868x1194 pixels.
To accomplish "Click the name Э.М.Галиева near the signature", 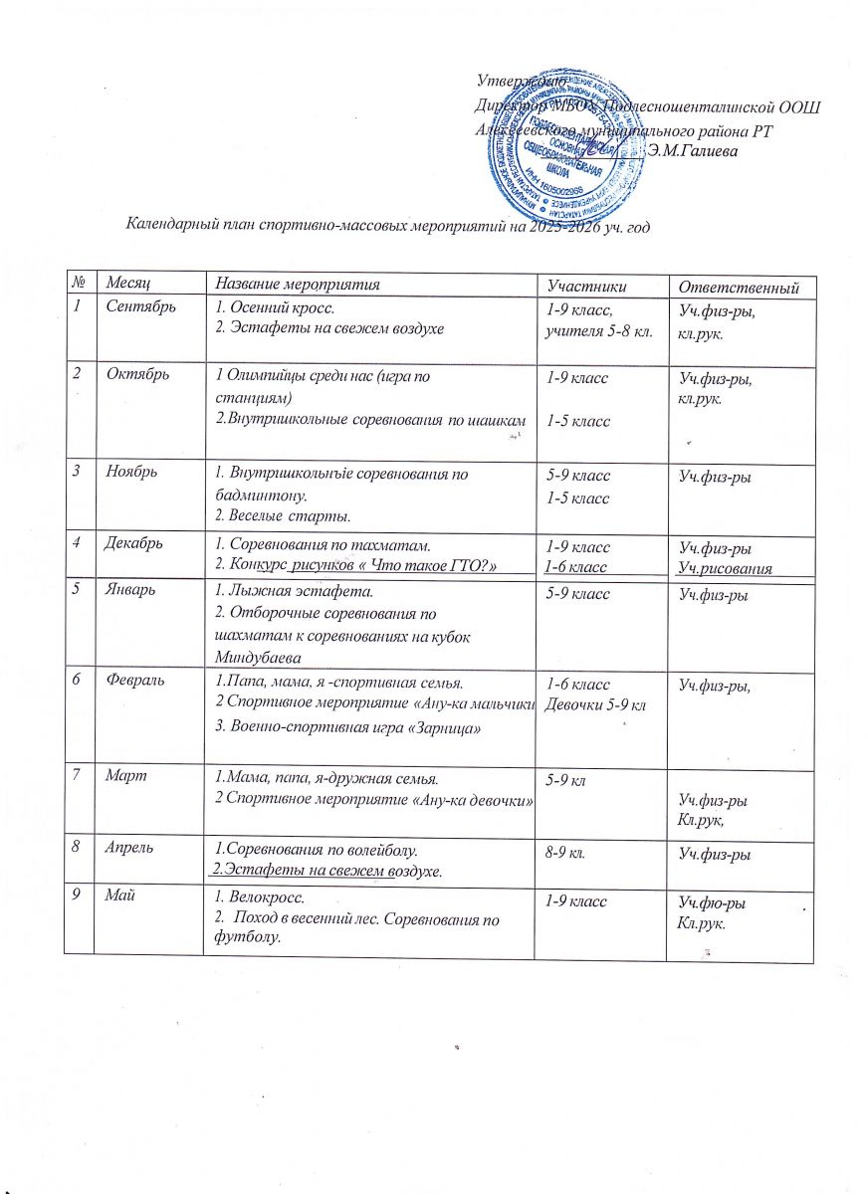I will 693,151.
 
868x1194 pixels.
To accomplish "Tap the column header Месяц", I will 132,286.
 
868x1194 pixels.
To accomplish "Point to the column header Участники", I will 594,287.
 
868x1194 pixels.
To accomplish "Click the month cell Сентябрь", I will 141,305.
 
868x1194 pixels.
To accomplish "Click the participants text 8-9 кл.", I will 565,852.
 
